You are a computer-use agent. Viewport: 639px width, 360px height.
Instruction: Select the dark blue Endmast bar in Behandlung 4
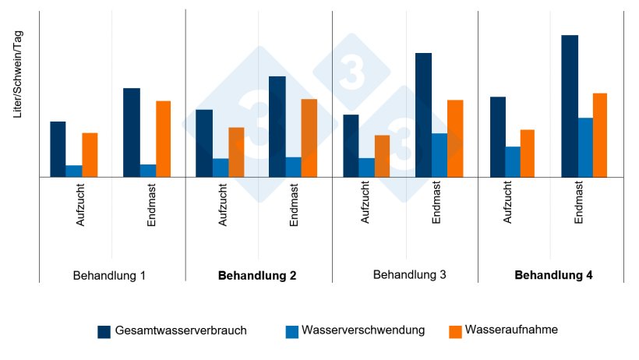point(570,106)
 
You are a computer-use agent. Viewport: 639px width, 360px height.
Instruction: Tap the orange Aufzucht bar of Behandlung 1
point(90,155)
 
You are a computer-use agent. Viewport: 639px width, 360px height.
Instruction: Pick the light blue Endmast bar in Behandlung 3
point(440,155)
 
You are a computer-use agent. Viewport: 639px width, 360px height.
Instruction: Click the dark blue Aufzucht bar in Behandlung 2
point(203,143)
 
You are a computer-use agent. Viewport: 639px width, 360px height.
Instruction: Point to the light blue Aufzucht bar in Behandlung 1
point(74,171)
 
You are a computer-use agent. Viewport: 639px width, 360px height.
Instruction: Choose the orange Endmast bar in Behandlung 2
point(309,138)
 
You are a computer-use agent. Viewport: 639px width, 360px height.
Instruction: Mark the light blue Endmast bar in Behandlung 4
point(585,147)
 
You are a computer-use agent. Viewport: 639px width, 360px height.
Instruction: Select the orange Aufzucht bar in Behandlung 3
point(382,156)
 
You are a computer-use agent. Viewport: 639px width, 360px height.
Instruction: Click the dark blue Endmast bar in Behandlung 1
point(132,132)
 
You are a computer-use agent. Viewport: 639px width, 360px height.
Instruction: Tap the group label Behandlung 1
point(109,276)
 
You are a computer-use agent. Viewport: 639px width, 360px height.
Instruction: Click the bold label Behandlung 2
point(257,276)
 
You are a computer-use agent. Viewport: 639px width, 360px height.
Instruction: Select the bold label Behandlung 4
point(554,276)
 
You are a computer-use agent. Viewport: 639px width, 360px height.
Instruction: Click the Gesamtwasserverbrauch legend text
point(181,330)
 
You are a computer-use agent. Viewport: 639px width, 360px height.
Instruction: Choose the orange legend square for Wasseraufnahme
point(456,331)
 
